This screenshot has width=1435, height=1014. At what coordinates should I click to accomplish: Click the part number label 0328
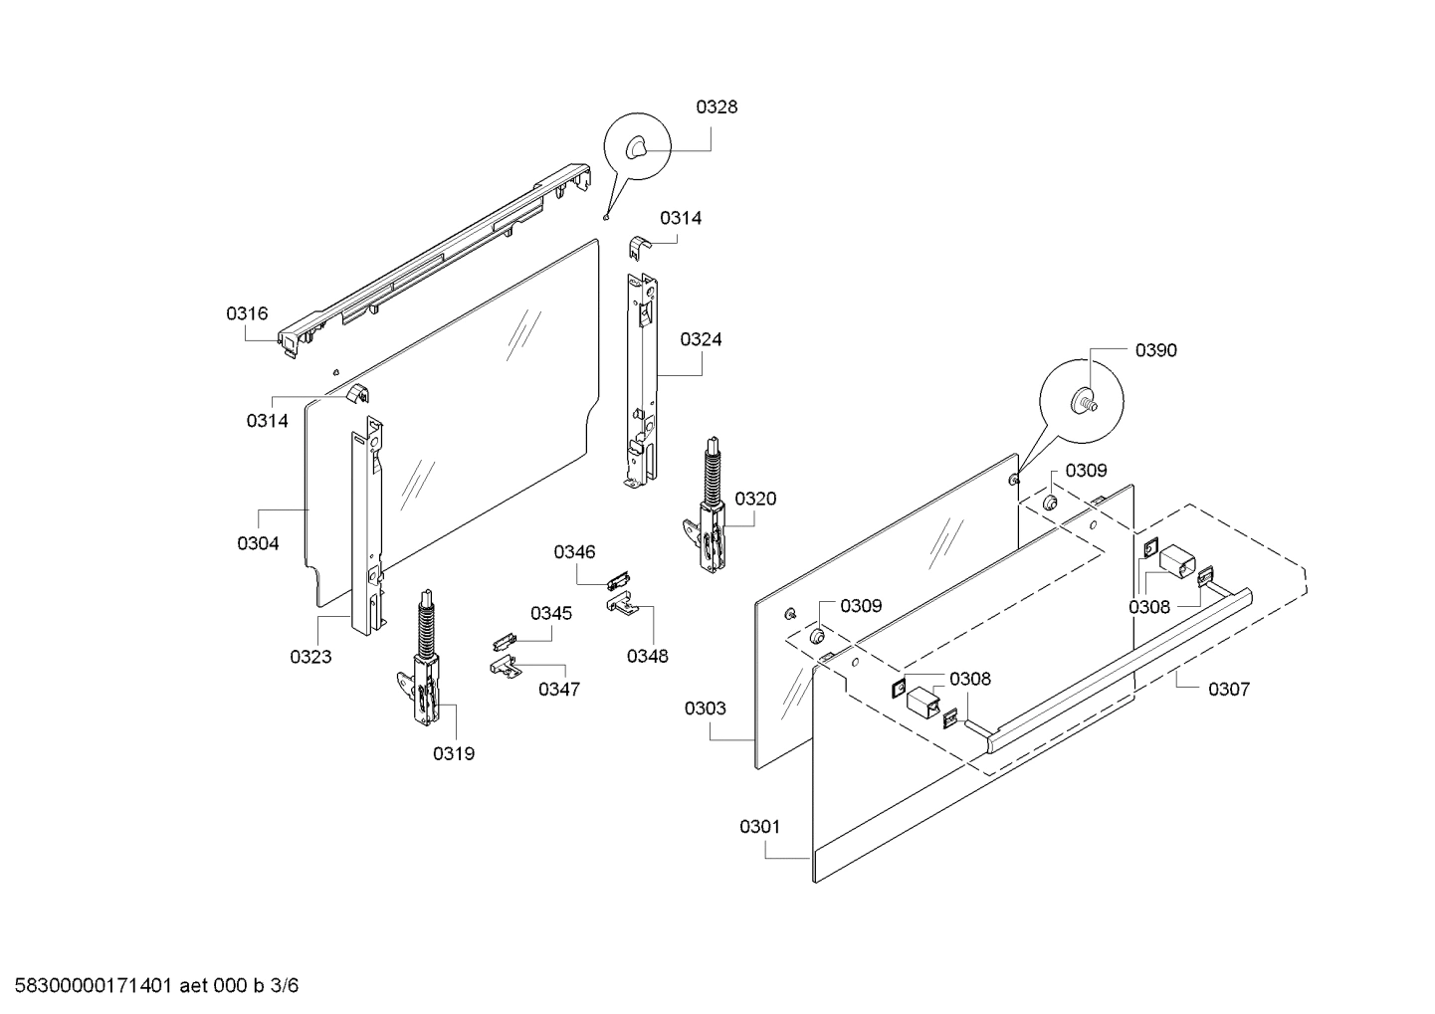click(717, 107)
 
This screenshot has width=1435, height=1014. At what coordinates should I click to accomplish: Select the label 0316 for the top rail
click(246, 313)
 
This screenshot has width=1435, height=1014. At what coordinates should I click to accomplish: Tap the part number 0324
click(701, 339)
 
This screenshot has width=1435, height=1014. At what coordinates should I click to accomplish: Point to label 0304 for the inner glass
click(258, 543)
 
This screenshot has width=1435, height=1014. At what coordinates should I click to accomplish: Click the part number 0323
click(310, 657)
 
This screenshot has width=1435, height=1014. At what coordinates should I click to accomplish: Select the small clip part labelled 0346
click(619, 580)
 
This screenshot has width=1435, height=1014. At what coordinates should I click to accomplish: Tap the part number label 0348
click(647, 656)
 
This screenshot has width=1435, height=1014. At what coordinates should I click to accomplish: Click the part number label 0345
click(550, 613)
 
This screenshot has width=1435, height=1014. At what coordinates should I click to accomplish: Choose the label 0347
click(558, 689)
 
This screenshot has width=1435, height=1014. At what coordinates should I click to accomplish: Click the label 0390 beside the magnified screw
click(1155, 350)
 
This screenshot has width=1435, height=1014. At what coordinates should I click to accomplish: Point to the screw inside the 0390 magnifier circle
click(1083, 403)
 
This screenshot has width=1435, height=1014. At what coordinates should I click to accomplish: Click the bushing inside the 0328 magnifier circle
click(635, 148)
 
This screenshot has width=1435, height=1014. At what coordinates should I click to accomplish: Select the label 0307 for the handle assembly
click(1229, 689)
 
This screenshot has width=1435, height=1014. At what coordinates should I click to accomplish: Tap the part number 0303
click(705, 709)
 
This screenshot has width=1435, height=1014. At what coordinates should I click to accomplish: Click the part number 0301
click(760, 827)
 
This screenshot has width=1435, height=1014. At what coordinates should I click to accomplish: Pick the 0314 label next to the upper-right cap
click(681, 218)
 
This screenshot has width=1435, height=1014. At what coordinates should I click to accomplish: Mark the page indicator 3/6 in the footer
click(284, 986)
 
